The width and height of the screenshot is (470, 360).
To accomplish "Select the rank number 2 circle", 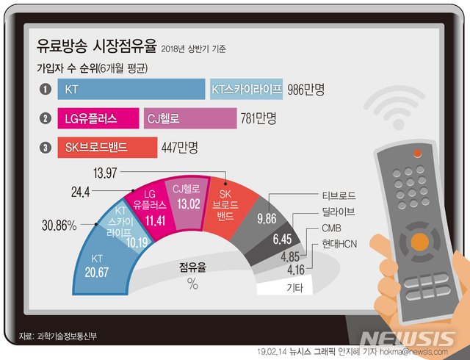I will (x=46, y=118).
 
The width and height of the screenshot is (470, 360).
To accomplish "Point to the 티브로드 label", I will (x=339, y=196).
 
